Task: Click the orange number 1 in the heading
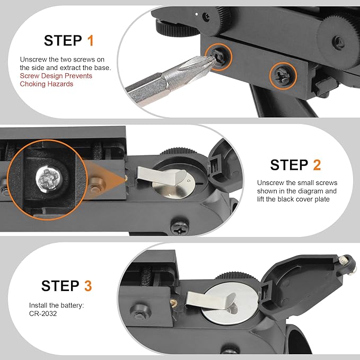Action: [91, 41]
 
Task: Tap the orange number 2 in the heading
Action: [317, 165]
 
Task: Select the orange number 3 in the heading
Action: [88, 286]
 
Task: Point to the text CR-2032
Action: [43, 314]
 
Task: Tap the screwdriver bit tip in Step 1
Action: [214, 59]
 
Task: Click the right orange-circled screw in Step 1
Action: [283, 76]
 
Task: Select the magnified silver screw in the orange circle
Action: [49, 179]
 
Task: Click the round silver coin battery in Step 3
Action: [230, 304]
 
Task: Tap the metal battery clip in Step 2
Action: [161, 176]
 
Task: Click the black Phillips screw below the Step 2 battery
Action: [180, 227]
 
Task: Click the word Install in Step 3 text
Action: [38, 305]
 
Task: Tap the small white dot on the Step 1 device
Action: [197, 14]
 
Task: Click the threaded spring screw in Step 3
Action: [146, 276]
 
